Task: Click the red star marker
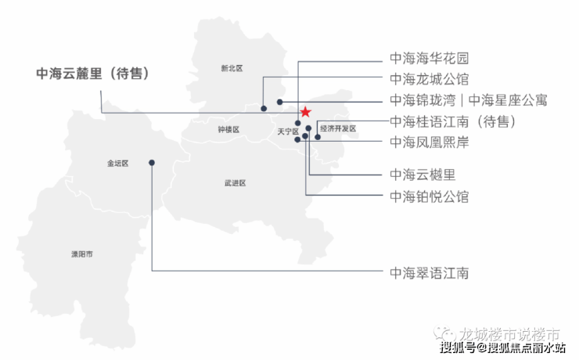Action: point(305,112)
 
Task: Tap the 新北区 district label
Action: point(232,69)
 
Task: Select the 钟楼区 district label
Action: point(228,130)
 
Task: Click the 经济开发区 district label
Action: point(338,128)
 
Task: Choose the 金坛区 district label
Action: point(117,164)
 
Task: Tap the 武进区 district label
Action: point(235,183)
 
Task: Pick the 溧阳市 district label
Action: point(82,254)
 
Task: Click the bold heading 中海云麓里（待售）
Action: point(92,74)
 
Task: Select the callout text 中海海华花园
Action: point(429,59)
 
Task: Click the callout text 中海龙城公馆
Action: point(429,79)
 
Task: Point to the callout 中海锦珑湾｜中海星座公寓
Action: point(468,100)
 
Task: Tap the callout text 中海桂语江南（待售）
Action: point(452,121)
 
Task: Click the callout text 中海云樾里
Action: point(423,175)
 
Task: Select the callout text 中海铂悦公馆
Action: point(429,196)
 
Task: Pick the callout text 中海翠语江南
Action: point(429,273)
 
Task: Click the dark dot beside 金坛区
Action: point(152,163)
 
